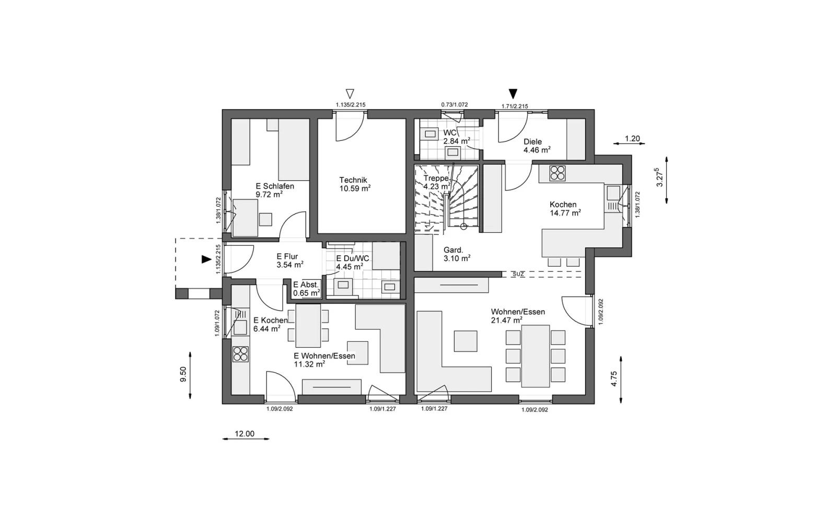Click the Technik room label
coord(353,180)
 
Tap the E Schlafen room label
coord(275,186)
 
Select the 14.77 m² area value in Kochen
coord(565,213)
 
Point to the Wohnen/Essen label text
coord(518,312)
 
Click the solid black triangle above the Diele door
coord(513,93)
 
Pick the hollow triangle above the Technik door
coord(350,93)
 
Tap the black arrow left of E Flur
coord(206,259)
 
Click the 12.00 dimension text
coord(245,434)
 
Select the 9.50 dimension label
coord(183,374)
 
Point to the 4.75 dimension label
coord(614,378)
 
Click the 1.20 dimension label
coord(632,139)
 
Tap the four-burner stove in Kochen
coord(557,173)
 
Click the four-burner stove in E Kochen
coord(240,354)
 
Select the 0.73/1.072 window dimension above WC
coord(454,105)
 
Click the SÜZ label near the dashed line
coord(518,274)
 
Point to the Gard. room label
coord(453,250)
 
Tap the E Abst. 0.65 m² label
coord(306,289)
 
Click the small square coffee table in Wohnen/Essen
coord(466,341)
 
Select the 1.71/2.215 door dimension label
coord(515,106)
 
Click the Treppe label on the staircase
coord(436,179)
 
